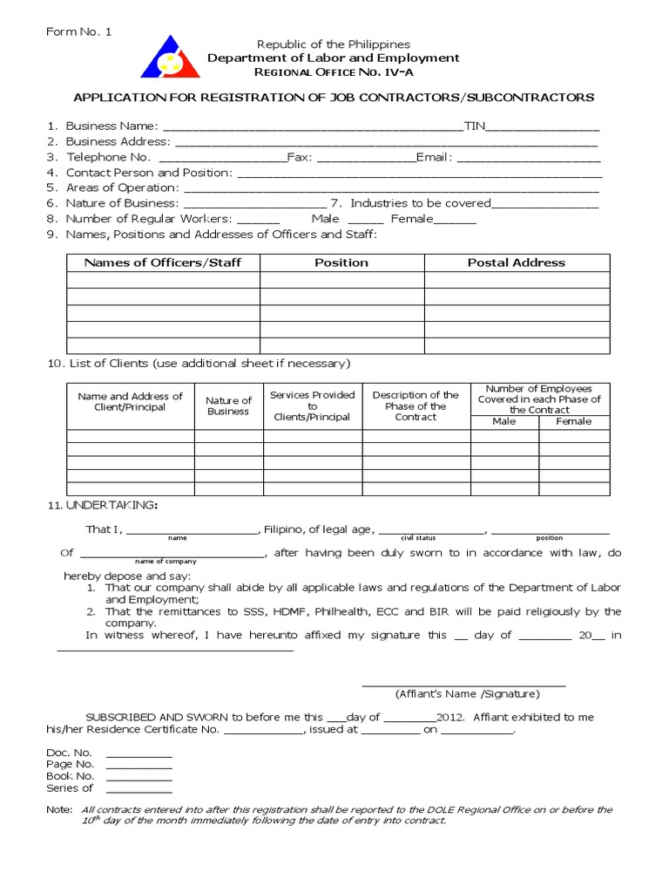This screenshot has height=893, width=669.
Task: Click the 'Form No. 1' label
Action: tap(79, 32)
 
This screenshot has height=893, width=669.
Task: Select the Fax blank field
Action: tap(366, 159)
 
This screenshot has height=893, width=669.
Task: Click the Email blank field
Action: tap(529, 159)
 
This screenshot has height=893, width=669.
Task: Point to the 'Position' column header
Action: tap(341, 262)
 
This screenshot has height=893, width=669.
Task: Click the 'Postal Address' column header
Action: tap(517, 262)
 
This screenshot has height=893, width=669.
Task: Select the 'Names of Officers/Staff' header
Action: tap(163, 262)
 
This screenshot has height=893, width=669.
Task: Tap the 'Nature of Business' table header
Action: tap(228, 406)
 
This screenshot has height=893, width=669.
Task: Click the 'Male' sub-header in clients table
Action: tap(504, 421)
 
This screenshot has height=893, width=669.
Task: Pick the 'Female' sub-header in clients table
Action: tap(574, 421)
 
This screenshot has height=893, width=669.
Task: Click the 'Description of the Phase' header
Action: tap(416, 406)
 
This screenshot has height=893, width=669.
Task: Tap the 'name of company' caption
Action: tap(167, 562)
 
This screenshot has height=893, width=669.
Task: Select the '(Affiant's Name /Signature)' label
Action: tap(467, 694)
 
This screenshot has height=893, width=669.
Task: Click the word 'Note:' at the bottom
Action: tap(59, 809)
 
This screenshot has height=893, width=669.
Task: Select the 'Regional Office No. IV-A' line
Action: tap(333, 74)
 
